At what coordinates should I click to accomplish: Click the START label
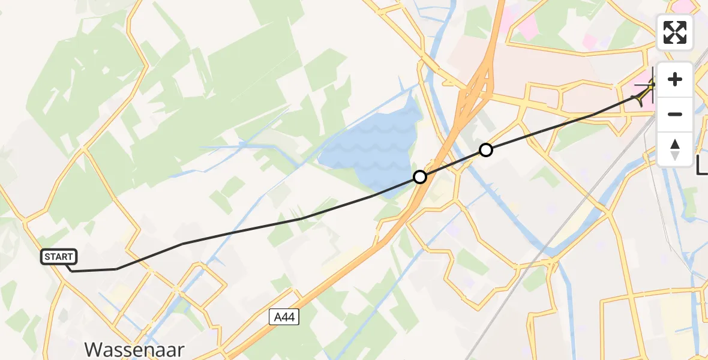pyautogui.click(x=59, y=257)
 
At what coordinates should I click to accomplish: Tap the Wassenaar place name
pyautogui.click(x=134, y=349)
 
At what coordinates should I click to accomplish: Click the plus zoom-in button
pyautogui.click(x=675, y=79)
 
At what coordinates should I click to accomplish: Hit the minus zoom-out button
pyautogui.click(x=675, y=114)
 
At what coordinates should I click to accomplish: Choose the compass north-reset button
pyautogui.click(x=675, y=149)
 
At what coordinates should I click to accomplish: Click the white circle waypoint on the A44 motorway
pyautogui.click(x=420, y=177)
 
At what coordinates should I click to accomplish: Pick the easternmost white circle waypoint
pyautogui.click(x=486, y=150)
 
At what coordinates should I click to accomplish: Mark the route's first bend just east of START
pyautogui.click(x=116, y=269)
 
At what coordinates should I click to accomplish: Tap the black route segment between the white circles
pyautogui.click(x=453, y=163)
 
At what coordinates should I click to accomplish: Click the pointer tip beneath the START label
pyautogui.click(x=71, y=271)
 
